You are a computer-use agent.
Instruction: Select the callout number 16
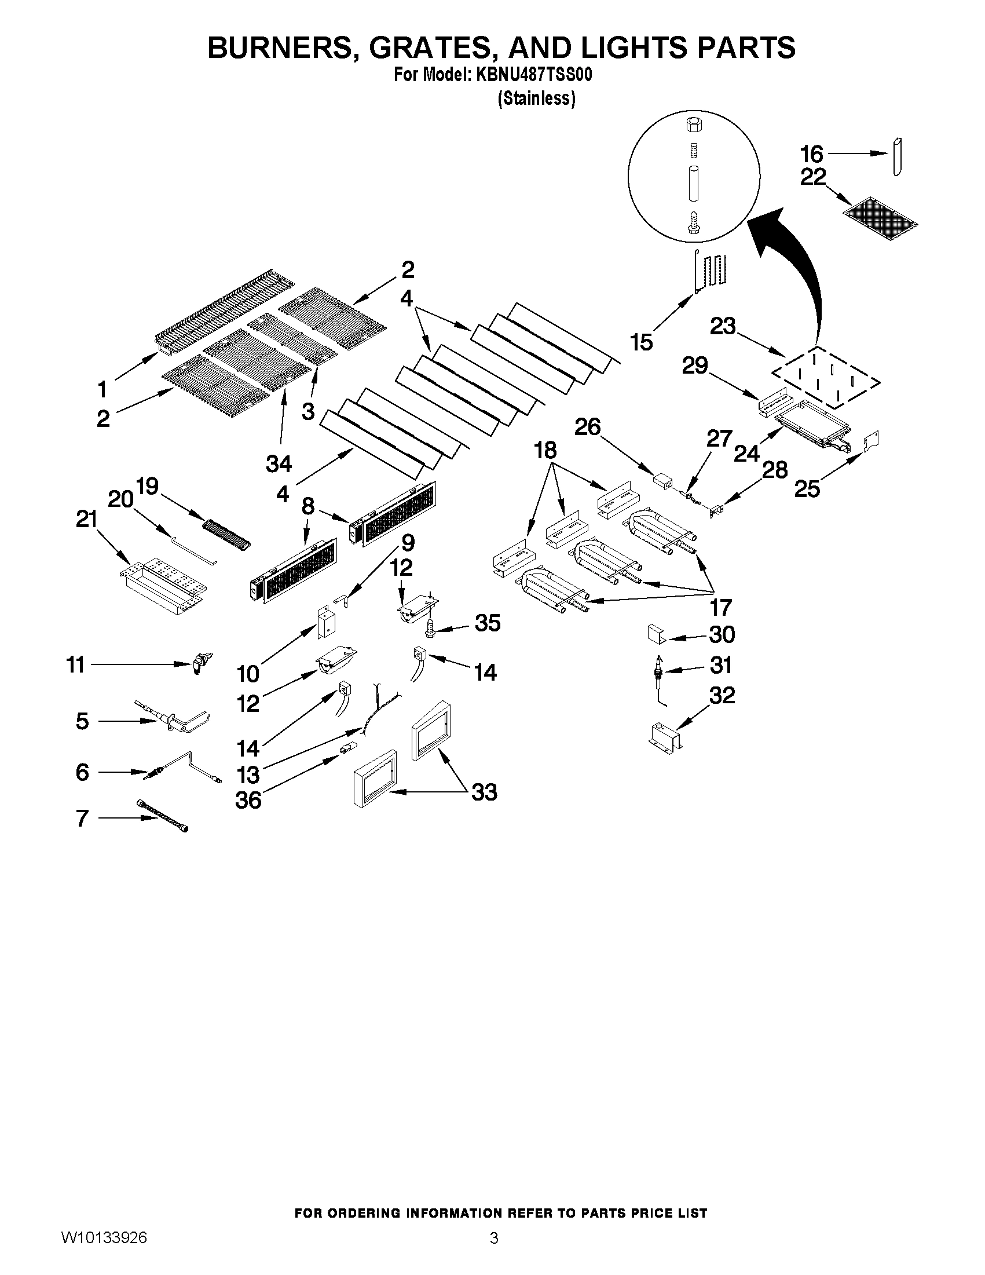[811, 154]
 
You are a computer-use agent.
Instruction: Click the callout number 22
[813, 176]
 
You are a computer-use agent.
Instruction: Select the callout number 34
[279, 463]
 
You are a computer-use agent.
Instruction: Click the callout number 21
[86, 518]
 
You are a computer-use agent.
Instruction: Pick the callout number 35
[487, 623]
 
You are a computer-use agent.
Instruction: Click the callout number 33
[484, 792]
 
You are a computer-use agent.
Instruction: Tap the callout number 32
[722, 695]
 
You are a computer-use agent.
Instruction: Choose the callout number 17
[721, 608]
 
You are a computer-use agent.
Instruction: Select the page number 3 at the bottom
[494, 1238]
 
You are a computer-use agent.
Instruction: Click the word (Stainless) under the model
[536, 98]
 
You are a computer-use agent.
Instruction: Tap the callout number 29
[694, 366]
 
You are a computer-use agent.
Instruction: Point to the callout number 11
[76, 664]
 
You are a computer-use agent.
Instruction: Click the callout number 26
[588, 427]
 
